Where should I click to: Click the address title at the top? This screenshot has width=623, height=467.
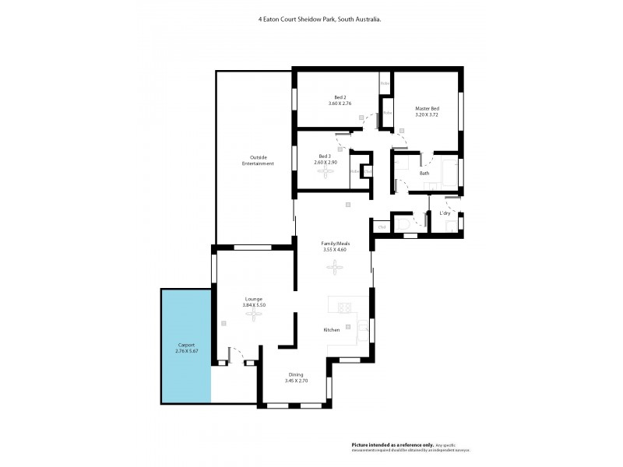[319, 23]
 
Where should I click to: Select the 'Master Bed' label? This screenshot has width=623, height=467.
[427, 108]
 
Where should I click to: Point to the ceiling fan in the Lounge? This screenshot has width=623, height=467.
[253, 314]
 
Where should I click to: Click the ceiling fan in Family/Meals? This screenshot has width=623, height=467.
[335, 269]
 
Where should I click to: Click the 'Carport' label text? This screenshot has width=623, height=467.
[185, 345]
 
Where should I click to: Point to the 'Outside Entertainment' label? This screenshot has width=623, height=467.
[258, 160]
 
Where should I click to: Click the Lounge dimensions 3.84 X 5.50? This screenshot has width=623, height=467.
[254, 305]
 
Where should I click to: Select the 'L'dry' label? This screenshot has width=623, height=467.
[445, 212]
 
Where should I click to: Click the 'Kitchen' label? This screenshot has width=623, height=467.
[332, 331]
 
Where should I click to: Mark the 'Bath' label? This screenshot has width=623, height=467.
[424, 173]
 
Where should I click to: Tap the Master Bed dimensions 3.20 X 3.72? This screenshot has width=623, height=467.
[427, 114]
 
